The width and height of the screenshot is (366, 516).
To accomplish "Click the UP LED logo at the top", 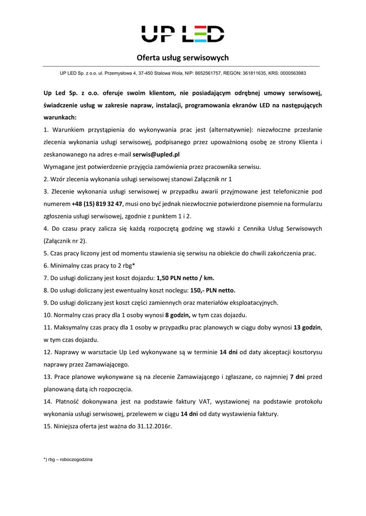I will point(183,33).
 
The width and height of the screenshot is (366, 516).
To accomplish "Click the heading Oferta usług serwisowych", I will point(183,58).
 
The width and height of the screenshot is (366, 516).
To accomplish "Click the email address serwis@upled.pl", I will point(156,155).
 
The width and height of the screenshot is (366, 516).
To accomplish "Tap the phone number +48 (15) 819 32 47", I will point(97,204).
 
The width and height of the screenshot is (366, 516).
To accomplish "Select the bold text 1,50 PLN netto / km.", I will point(185,278).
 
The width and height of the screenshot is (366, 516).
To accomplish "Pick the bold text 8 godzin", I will point(178,315).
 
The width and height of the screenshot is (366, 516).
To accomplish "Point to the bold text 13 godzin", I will point(307,327).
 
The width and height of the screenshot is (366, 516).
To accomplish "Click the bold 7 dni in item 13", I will point(297,376).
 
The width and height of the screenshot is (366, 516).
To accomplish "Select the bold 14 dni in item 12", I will point(229,352).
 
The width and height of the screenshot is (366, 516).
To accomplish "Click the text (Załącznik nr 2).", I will point(65,241).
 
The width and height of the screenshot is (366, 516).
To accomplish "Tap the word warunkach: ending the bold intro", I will point(60,117).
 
